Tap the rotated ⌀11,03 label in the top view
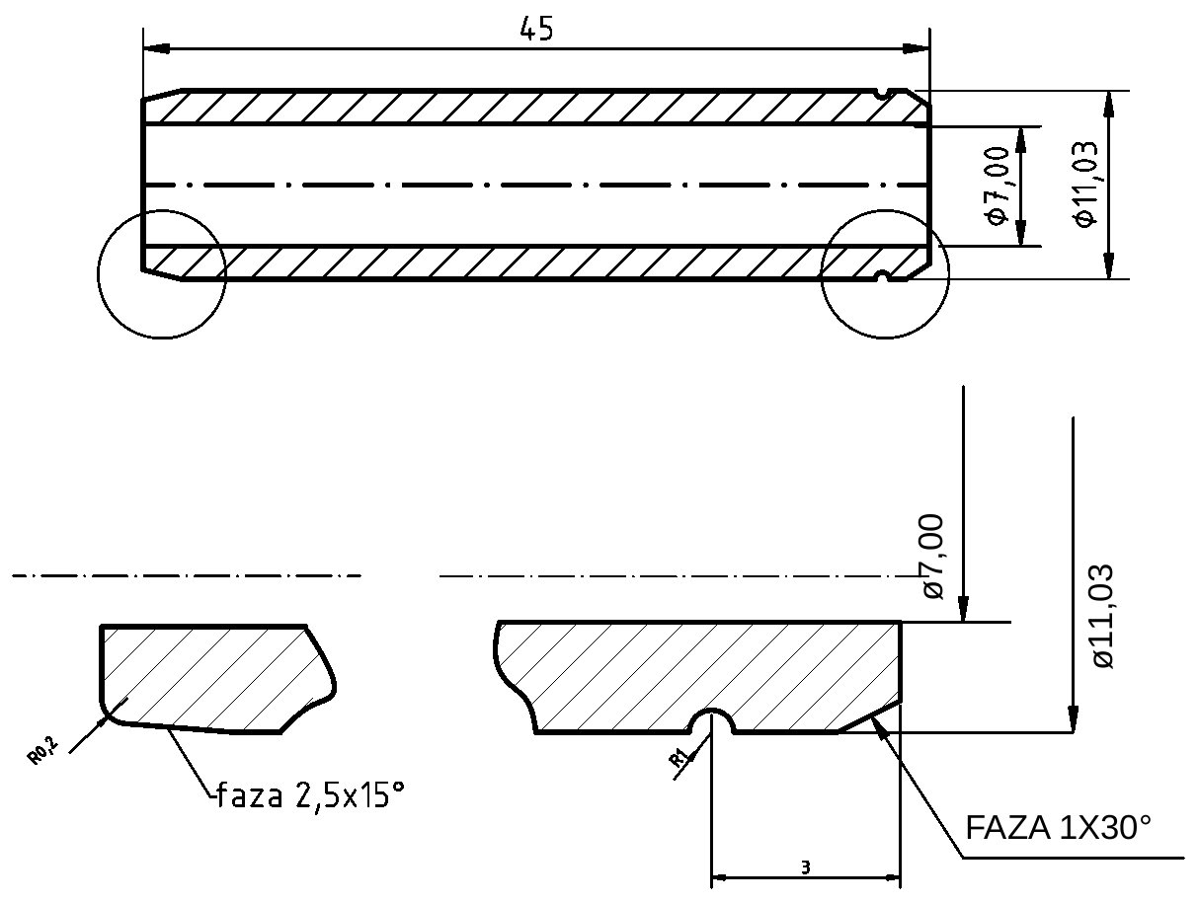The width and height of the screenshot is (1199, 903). tap(1085, 186)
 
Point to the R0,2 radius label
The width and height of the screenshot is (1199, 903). tap(43, 752)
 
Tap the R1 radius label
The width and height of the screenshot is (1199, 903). tap(679, 759)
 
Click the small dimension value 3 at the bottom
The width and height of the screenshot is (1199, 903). tap(805, 867)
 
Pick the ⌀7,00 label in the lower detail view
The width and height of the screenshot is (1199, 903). tap(932, 556)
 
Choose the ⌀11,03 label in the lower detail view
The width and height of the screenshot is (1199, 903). tap(1102, 616)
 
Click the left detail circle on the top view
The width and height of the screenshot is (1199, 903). tap(162, 274)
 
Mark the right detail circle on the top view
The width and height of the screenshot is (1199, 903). tap(885, 274)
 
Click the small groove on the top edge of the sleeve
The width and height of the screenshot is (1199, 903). tap(884, 94)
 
